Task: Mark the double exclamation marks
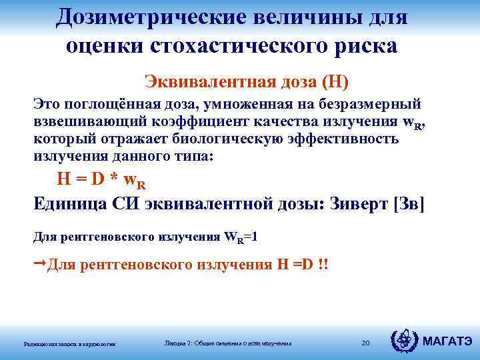tap(323, 265)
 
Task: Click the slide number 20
tap(365, 343)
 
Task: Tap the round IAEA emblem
tap(405, 342)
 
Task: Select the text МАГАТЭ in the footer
tap(447, 343)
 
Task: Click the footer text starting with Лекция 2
tap(227, 343)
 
